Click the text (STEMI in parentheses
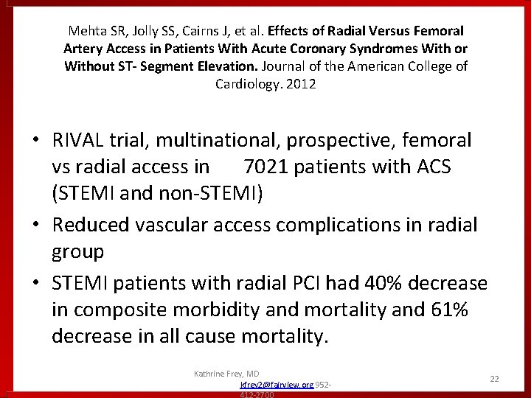[x=80, y=195]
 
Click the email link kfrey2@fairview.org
[x=277, y=385]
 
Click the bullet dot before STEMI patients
[x=36, y=282]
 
